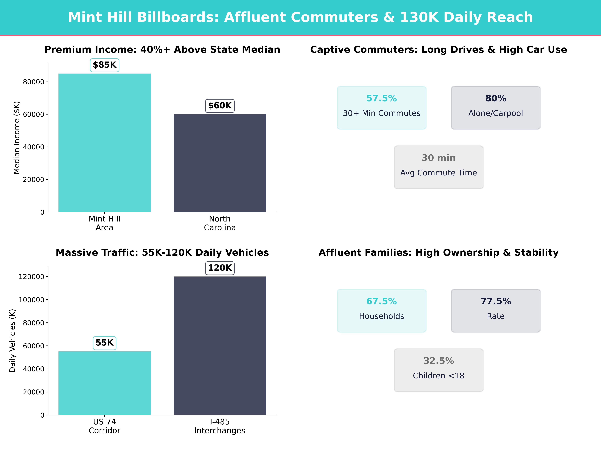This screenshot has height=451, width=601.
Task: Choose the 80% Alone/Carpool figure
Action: pyautogui.click(x=496, y=98)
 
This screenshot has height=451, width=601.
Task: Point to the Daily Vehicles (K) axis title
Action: pyautogui.click(x=12, y=340)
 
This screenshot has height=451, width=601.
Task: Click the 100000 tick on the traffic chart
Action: pyautogui.click(x=31, y=300)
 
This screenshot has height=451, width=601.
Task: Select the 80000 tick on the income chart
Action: pyautogui.click(x=33, y=82)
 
